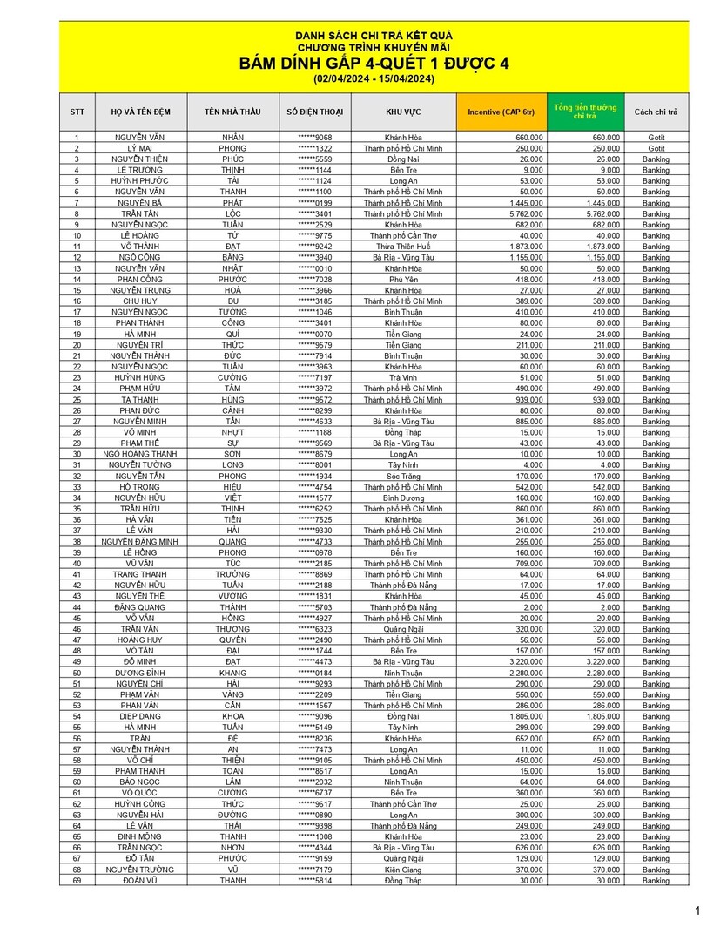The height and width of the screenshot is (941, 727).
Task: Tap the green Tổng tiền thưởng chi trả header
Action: tap(585, 112)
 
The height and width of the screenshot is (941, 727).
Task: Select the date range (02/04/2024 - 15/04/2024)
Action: tap(374, 79)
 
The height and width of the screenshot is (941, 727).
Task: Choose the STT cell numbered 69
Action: tap(77, 881)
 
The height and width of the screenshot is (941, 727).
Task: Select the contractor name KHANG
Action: tap(232, 673)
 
